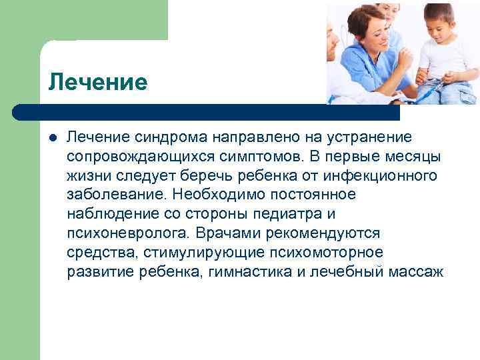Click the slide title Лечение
[97, 83]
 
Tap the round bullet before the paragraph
[53, 137]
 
